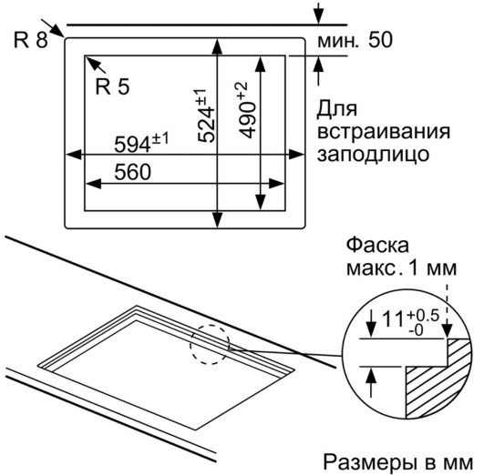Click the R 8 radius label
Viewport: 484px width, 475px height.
(31, 40)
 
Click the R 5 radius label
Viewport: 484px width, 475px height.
(112, 86)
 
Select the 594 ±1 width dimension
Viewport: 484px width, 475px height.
(141, 142)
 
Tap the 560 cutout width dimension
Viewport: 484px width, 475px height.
(132, 172)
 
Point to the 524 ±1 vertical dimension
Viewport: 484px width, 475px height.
(205, 116)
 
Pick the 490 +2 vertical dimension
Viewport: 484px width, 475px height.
(247, 110)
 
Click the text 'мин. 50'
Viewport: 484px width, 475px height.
(355, 40)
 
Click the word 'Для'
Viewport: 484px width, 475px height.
(337, 109)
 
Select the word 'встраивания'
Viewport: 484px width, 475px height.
(384, 132)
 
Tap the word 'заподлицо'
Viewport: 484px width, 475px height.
(373, 155)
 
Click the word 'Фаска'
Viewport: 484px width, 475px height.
(377, 246)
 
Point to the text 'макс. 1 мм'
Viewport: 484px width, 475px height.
(401, 268)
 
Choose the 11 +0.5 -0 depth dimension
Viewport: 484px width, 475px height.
(410, 322)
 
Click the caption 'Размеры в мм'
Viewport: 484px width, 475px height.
(398, 462)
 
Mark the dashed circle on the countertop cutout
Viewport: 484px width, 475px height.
(210, 344)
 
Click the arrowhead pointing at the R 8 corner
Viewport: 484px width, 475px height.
(57, 31)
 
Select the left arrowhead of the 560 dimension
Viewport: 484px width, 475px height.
(93, 184)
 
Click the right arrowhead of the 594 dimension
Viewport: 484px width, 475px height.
(295, 155)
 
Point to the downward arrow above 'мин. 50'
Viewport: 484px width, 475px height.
(318, 14)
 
